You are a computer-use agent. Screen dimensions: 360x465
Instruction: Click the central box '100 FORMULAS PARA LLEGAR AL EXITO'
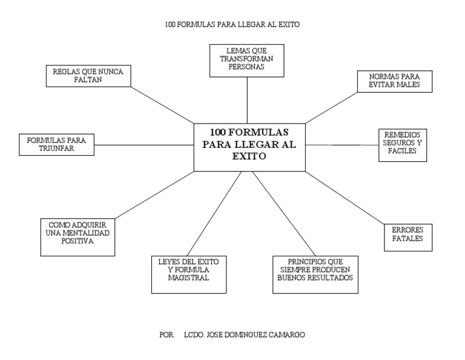pyautogui.click(x=249, y=147)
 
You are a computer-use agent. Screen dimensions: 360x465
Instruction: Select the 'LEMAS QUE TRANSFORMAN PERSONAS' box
pyautogui.click(x=246, y=60)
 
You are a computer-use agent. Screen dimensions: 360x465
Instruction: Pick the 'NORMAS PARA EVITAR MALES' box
pyautogui.click(x=394, y=81)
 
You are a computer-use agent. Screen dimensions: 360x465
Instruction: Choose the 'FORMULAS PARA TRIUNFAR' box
pyautogui.click(x=56, y=144)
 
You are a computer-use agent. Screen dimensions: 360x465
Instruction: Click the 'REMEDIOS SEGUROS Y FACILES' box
pyautogui.click(x=402, y=145)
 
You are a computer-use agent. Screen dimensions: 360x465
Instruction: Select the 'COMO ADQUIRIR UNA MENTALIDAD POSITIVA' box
pyautogui.click(x=77, y=236)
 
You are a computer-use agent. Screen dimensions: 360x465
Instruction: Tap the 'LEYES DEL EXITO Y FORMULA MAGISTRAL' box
pyautogui.click(x=188, y=275)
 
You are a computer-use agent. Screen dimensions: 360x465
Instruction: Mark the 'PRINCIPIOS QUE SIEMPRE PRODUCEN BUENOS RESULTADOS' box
pyautogui.click(x=315, y=273)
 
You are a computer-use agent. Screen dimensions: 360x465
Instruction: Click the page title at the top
pyautogui.click(x=232, y=25)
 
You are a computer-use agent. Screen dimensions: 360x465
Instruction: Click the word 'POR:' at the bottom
pyautogui.click(x=167, y=335)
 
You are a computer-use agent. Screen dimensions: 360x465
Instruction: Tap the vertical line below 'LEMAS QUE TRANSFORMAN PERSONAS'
pyautogui.click(x=247, y=100)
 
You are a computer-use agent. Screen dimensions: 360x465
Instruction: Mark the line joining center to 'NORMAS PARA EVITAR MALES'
pyautogui.click(x=331, y=107)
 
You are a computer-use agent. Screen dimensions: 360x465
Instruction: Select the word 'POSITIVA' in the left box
pyautogui.click(x=77, y=241)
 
